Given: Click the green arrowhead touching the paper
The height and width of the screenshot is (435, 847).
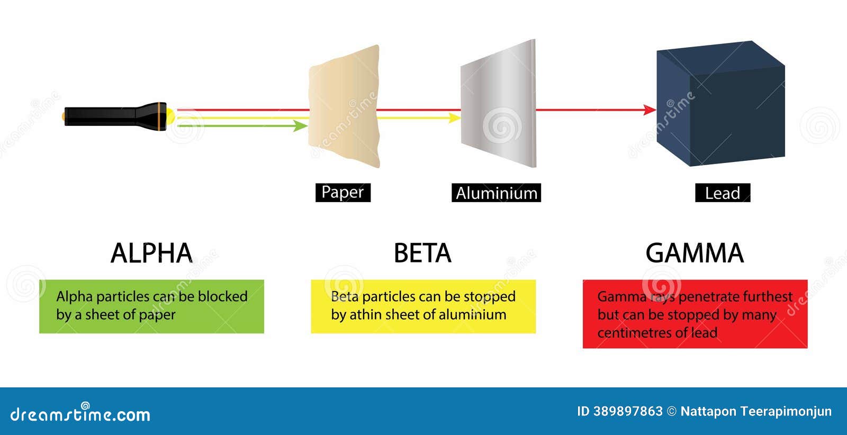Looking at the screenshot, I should [x=301, y=126].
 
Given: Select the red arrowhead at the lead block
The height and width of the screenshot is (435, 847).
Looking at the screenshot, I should [x=650, y=110].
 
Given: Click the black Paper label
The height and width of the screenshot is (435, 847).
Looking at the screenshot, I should [x=343, y=193].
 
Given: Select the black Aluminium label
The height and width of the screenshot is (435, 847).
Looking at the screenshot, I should [x=496, y=193].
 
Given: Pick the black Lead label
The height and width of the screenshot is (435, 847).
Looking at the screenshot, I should [x=723, y=193].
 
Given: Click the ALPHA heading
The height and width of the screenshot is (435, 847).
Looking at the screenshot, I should [x=151, y=253].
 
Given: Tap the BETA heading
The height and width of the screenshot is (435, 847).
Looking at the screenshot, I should [x=422, y=253].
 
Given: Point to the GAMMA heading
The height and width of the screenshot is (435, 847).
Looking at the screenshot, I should [x=695, y=253].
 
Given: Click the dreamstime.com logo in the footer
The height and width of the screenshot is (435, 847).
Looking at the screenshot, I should [x=80, y=414].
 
